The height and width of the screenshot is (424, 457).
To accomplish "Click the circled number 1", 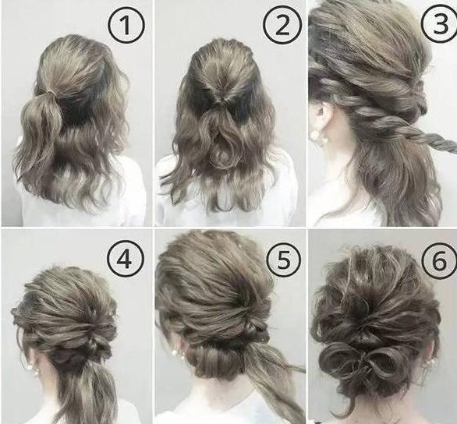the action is pos(126,26).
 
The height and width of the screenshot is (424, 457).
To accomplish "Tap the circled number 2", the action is pos(282,25).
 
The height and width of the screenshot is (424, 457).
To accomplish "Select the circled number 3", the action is pos(441,23).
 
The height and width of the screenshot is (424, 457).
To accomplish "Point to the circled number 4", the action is pos(126,259).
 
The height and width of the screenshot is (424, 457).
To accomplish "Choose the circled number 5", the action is pos(283,259).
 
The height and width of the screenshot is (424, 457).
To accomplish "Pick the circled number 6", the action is pos(440,260).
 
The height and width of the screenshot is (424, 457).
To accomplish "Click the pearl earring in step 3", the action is pos(315,135).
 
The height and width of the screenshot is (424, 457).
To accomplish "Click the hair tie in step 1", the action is pos(51,92).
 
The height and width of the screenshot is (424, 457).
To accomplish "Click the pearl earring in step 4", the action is pos(30,368).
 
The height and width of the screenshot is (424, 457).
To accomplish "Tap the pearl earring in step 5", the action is pos(175,353).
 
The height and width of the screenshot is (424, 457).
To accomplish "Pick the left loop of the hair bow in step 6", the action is pos(339,359).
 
